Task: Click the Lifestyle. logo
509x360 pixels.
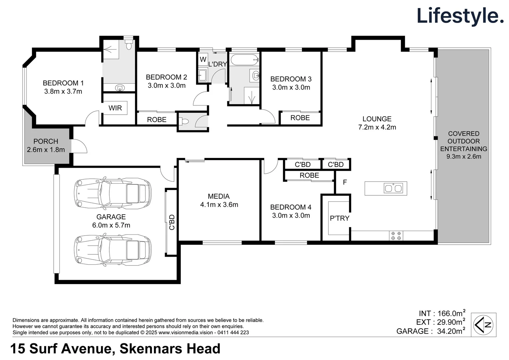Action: pos(460,16)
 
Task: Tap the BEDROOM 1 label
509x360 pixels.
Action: pos(63,83)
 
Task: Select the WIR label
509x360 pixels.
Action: pos(115,108)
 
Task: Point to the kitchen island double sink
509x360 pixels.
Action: pos(393,188)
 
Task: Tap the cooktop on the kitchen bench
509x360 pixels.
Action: pos(396,236)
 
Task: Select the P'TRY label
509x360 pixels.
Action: pos(339,218)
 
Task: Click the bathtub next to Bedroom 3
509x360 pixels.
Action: pos(244,60)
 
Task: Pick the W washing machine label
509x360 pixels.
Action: pos(203,59)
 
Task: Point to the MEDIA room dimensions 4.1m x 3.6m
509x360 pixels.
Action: pos(219,205)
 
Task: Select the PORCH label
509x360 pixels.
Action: pos(46,141)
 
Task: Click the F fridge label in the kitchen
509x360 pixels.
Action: pos(345,182)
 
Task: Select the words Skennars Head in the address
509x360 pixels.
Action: pos(170,349)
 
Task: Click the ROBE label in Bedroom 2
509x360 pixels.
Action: pos(156,119)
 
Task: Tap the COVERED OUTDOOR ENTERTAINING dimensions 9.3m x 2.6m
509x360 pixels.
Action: pos(464,156)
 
